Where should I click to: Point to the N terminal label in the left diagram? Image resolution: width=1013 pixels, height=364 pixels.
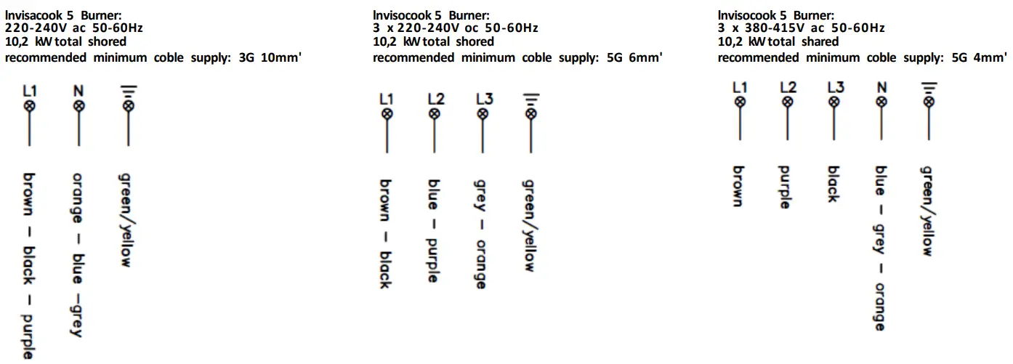click(x=78, y=91)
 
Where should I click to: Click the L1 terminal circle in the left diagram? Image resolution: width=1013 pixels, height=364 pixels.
click(x=30, y=106)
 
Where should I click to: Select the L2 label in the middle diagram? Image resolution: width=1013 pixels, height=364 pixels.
click(x=435, y=99)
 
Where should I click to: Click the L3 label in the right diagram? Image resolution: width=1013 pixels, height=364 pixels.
click(x=835, y=88)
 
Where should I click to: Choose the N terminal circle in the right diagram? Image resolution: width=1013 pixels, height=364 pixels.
click(x=881, y=102)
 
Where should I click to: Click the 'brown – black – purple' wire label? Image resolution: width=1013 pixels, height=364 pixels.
click(x=29, y=264)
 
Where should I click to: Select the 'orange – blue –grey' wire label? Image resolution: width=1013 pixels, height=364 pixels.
click(x=78, y=254)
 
